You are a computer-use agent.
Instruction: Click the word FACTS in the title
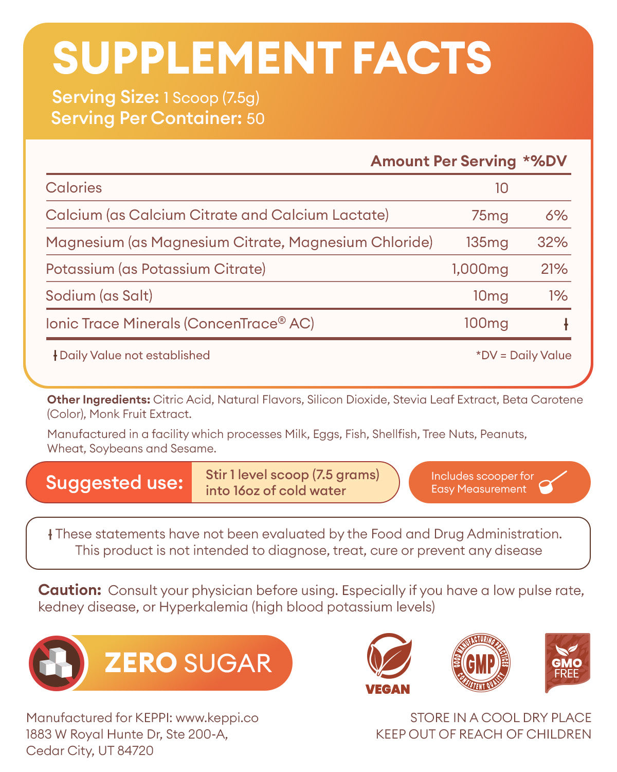(x=422, y=58)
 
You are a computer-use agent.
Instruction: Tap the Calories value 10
(x=501, y=188)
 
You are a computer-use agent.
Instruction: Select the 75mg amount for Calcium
(x=489, y=215)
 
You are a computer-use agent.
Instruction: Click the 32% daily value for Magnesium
(x=552, y=242)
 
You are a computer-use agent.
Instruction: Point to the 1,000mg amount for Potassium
(x=480, y=269)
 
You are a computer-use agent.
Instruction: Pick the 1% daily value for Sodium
(x=558, y=296)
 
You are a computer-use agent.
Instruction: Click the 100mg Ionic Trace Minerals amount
(x=486, y=323)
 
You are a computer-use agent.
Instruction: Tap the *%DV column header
(x=545, y=161)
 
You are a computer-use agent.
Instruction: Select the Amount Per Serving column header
(x=443, y=161)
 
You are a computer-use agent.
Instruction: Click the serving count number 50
(x=256, y=119)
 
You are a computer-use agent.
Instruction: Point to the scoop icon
(x=553, y=482)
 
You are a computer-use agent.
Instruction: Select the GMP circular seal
(x=480, y=662)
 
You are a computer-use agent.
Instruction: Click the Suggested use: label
(x=114, y=483)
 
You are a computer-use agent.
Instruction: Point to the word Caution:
(x=69, y=590)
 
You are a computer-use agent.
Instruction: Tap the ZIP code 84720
(x=136, y=750)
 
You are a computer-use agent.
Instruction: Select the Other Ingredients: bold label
(x=98, y=400)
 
